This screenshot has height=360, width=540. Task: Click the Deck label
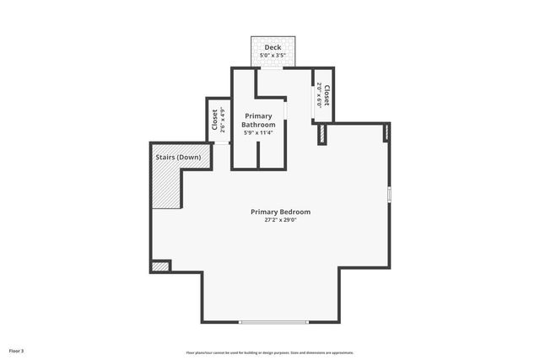(x=273, y=47)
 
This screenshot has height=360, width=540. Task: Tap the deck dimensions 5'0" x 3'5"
(x=273, y=56)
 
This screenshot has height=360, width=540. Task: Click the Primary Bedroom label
(x=280, y=212)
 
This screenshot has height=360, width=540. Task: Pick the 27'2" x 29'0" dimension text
(x=280, y=220)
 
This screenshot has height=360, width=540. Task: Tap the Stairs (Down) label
(x=176, y=158)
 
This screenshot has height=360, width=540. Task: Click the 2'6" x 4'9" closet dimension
(x=223, y=121)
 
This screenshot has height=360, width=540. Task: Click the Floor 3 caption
(x=17, y=350)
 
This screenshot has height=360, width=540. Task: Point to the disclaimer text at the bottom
(x=270, y=352)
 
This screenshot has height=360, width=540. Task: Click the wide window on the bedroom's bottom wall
(x=273, y=322)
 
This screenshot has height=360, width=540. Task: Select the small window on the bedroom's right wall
(x=389, y=194)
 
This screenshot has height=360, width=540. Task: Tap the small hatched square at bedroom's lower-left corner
(x=159, y=266)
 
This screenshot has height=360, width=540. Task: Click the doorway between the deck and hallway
(x=271, y=68)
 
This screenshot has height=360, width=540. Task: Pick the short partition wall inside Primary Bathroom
(x=258, y=158)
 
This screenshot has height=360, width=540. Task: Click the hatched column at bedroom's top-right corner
(x=386, y=132)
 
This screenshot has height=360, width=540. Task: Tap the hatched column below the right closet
(x=322, y=135)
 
